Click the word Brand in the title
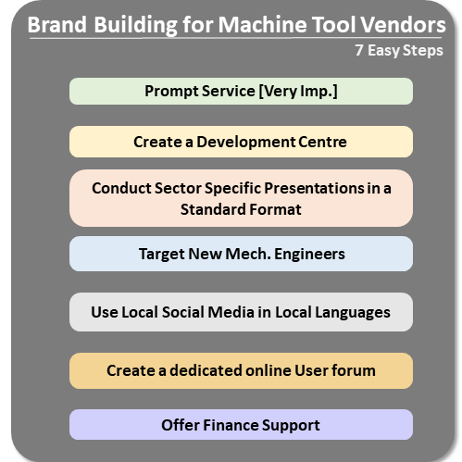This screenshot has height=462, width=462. click(x=57, y=24)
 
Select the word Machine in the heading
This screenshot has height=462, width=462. click(x=262, y=24)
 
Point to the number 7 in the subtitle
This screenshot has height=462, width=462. click(x=359, y=50)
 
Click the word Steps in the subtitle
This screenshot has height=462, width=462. click(x=423, y=51)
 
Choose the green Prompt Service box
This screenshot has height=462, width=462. click(x=241, y=91)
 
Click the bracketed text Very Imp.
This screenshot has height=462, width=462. click(x=298, y=92)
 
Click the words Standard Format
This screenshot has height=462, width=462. click(x=241, y=209)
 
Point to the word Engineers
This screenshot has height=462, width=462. click(x=309, y=255)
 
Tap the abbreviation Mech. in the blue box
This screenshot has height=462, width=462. click(x=248, y=254)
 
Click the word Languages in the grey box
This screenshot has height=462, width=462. click(x=353, y=313)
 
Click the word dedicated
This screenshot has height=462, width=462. click(x=206, y=370)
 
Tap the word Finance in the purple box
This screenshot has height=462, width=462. click(x=231, y=425)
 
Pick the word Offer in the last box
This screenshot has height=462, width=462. click(x=181, y=425)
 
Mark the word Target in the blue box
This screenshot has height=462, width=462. click(x=162, y=255)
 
